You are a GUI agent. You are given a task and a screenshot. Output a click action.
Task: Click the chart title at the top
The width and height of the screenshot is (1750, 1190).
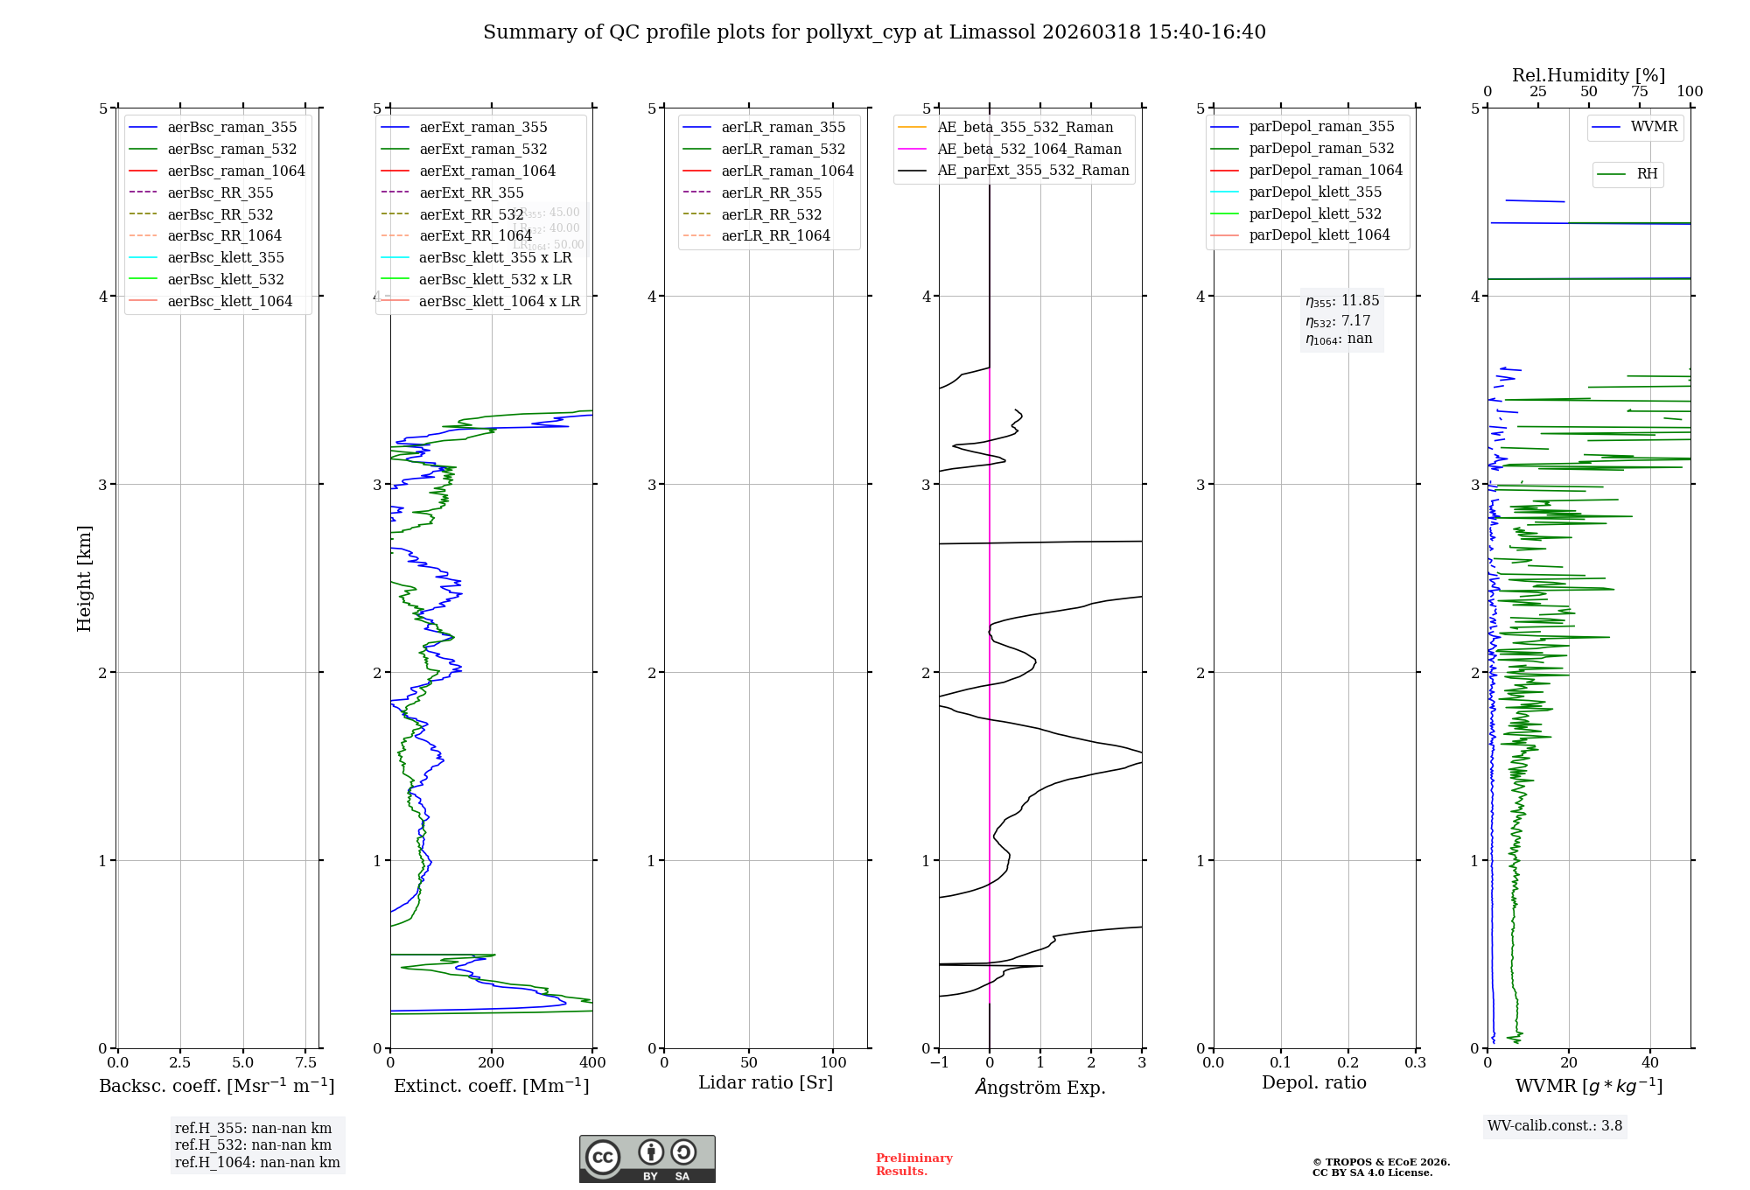pyautogui.click(x=874, y=32)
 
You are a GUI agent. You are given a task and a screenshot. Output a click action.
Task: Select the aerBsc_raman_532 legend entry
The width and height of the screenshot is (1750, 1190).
pyautogui.click(x=232, y=149)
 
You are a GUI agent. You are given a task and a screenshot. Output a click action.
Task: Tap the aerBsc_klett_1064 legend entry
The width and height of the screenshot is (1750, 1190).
pyautogui.click(x=229, y=301)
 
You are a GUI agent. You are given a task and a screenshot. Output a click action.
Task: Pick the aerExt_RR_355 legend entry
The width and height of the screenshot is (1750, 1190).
pyautogui.click(x=471, y=192)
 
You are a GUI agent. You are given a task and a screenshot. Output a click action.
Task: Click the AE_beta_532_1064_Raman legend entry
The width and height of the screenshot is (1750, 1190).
pyautogui.click(x=1029, y=149)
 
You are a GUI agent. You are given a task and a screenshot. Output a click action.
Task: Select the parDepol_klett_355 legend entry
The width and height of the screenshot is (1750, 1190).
pyautogui.click(x=1315, y=192)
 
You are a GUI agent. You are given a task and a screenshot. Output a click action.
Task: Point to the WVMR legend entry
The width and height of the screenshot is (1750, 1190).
pyautogui.click(x=1654, y=127)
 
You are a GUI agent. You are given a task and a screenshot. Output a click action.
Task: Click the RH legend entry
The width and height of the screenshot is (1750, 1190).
pyautogui.click(x=1647, y=174)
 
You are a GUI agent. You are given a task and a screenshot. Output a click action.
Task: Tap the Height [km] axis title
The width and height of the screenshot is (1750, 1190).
pyautogui.click(x=84, y=578)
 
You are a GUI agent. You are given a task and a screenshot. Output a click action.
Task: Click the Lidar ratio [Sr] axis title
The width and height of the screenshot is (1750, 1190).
pyautogui.click(x=766, y=1083)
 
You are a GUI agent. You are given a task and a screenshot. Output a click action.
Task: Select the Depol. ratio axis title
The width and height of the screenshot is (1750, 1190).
pyautogui.click(x=1313, y=1083)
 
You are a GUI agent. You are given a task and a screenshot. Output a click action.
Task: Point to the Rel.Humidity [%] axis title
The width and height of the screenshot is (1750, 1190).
pyautogui.click(x=1588, y=75)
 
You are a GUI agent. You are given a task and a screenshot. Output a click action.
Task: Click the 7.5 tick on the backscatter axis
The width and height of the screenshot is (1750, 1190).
pyautogui.click(x=305, y=1062)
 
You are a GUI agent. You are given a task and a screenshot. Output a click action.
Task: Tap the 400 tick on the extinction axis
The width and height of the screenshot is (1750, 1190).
pyautogui.click(x=592, y=1062)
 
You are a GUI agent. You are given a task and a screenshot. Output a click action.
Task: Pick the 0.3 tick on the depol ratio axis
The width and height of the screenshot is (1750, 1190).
pyautogui.click(x=1415, y=1062)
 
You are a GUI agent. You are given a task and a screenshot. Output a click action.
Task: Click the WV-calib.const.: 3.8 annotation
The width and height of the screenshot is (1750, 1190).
pyautogui.click(x=1554, y=1126)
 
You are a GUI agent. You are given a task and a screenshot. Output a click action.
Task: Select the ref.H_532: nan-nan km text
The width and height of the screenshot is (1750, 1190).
pyautogui.click(x=253, y=1145)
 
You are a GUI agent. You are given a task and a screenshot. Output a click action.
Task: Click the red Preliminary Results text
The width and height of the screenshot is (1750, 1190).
pyautogui.click(x=913, y=1165)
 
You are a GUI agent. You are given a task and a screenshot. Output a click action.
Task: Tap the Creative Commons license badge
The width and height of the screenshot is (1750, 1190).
pyautogui.click(x=647, y=1159)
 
